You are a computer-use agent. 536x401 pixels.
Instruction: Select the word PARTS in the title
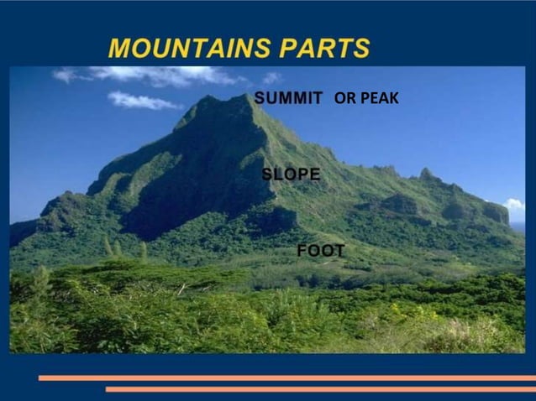point(326,49)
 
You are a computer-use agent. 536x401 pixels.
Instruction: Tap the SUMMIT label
point(288,98)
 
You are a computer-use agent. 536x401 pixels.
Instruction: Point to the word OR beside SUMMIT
point(344,99)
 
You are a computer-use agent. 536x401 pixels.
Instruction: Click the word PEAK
point(379,99)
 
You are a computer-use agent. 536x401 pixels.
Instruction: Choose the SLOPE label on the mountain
point(291,174)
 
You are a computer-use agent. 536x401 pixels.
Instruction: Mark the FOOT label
point(321,251)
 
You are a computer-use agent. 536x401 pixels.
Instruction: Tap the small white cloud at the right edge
point(514,204)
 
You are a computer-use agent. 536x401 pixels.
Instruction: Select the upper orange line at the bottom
point(286,378)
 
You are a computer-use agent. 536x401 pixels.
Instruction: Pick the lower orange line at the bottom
point(319,389)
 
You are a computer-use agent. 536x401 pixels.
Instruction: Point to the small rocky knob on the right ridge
point(428,174)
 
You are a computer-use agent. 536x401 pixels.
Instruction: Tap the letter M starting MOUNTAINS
point(119,49)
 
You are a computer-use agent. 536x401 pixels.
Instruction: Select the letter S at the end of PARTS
point(361,49)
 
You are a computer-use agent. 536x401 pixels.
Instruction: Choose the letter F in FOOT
point(302,251)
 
